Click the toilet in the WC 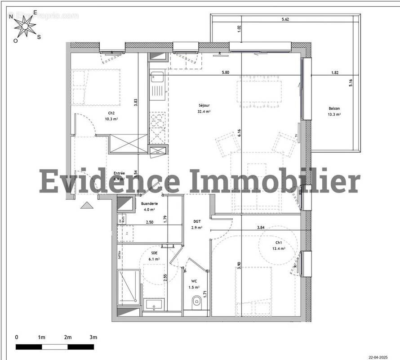196,301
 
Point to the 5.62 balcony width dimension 285,19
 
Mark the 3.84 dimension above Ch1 260,228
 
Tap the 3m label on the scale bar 93,337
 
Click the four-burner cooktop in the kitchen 157,120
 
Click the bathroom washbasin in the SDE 154,304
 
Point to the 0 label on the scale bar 17,337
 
